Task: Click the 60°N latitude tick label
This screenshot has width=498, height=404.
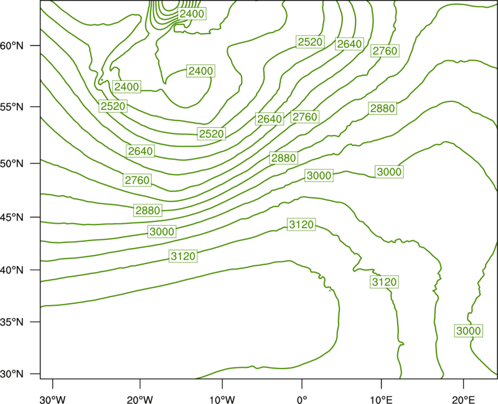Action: click(x=12, y=45)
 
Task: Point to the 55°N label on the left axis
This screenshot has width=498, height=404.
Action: click(x=12, y=107)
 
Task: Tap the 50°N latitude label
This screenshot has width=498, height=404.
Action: click(x=12, y=163)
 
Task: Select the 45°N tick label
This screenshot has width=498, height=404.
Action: click(x=12, y=217)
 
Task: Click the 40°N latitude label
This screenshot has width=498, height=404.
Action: click(x=12, y=270)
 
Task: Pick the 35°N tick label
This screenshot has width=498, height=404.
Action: click(x=12, y=322)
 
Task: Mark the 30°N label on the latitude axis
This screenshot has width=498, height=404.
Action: click(x=12, y=374)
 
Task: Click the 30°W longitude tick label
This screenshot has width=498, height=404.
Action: click(x=53, y=400)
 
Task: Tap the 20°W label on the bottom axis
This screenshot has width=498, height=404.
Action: click(x=140, y=400)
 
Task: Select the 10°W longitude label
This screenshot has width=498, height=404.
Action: click(x=222, y=400)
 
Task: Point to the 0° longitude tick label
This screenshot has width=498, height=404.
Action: click(x=302, y=400)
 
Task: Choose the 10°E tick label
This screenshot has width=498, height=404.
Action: click(x=381, y=400)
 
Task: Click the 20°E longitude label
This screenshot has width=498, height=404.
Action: click(x=463, y=400)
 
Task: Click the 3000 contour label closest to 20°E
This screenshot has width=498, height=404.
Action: click(x=469, y=331)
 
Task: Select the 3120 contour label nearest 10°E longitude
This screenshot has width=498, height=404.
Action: click(x=384, y=282)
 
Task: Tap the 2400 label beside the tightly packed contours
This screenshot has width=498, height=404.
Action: click(x=192, y=14)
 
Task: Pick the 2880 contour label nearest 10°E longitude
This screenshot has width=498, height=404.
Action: click(x=382, y=108)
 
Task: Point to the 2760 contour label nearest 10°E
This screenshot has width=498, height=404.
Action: click(x=385, y=51)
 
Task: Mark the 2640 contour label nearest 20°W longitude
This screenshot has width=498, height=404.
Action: click(x=141, y=151)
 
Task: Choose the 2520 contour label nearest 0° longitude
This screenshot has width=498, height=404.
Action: click(x=310, y=42)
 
